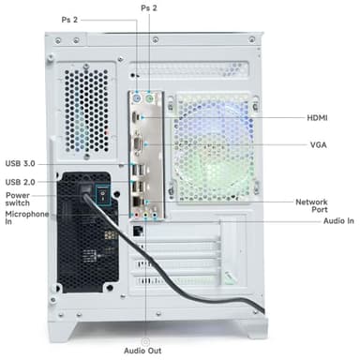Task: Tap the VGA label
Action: coord(320,145)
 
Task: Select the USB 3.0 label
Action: coord(22,162)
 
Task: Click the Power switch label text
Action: coord(20,200)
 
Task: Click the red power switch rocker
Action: coord(93,196)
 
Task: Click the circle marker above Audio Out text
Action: coord(144,339)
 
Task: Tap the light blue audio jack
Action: coord(147,212)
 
